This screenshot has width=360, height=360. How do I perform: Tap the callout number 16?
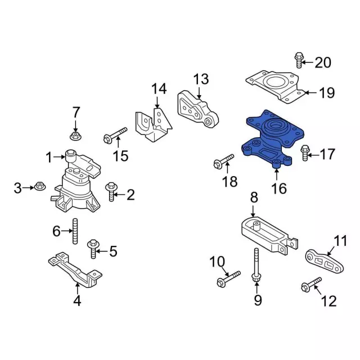[278, 188]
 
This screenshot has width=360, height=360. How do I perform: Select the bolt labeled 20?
[299, 60]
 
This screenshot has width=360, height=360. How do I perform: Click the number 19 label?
[326, 93]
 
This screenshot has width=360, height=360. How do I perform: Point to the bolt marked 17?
[305, 152]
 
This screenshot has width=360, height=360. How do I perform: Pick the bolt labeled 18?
[223, 163]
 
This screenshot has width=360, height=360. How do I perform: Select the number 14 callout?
[159, 88]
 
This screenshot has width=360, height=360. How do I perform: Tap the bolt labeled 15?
[115, 135]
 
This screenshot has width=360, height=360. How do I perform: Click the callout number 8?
[254, 197]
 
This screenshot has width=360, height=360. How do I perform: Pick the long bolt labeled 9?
[256, 271]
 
